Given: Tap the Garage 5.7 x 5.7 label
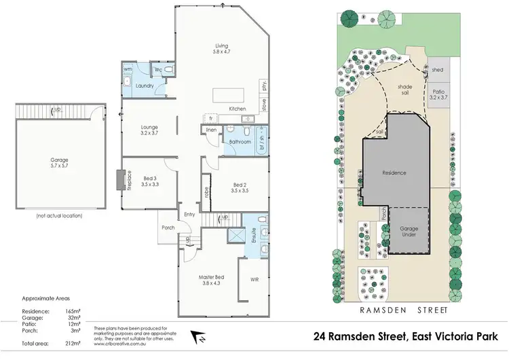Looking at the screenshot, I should [x=59, y=163].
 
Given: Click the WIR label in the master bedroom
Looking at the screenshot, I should [x=254, y=279].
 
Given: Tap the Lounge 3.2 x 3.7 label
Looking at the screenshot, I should [x=149, y=130].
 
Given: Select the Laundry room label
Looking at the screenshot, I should [x=145, y=86].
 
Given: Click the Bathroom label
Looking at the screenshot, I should [x=240, y=143].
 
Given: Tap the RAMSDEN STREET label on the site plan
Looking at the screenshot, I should [x=406, y=310].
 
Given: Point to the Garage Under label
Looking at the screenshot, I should [x=409, y=232].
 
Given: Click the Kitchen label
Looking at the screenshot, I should [x=237, y=109].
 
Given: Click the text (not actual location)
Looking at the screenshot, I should [x=59, y=215].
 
